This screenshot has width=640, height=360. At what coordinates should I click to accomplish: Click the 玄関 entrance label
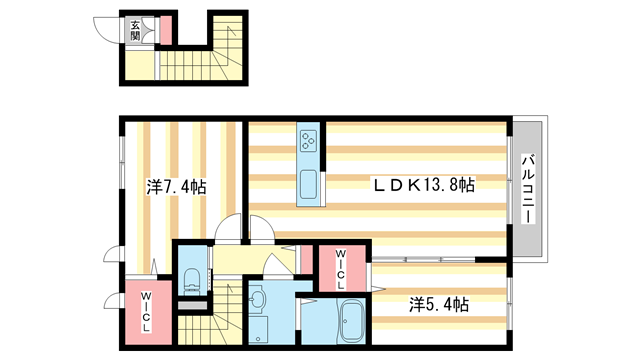(x=135, y=30)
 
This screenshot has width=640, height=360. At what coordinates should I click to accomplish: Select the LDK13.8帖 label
(x=424, y=185)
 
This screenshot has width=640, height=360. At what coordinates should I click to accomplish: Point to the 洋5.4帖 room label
(x=438, y=303)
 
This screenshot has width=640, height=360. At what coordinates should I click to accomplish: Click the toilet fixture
(x=191, y=277)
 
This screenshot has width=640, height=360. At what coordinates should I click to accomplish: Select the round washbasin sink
(x=256, y=300)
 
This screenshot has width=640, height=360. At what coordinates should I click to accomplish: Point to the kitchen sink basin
(x=307, y=186)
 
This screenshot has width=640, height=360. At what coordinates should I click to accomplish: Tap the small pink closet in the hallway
(x=301, y=261)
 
